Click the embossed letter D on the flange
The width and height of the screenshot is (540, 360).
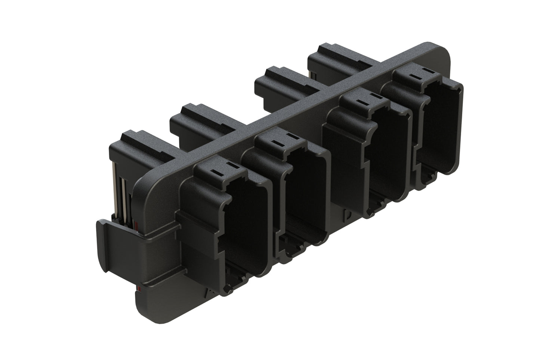coord(348,216)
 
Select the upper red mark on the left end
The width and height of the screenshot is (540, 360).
coord(137,226)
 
